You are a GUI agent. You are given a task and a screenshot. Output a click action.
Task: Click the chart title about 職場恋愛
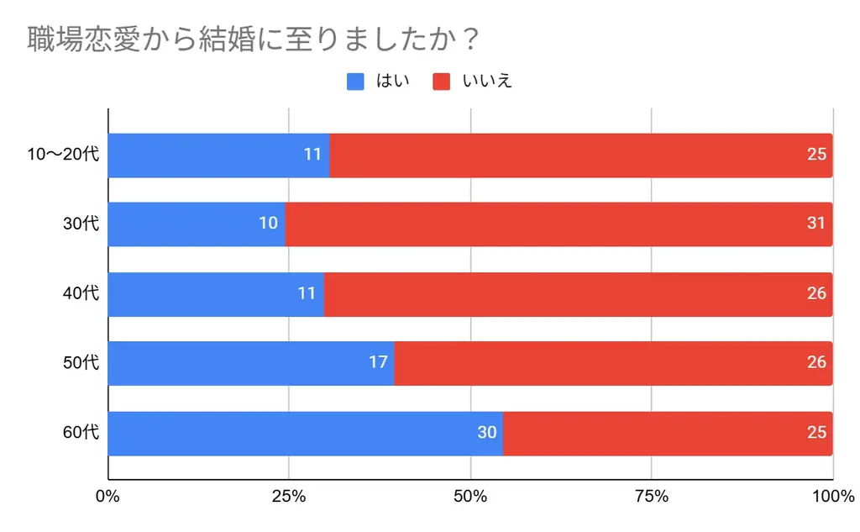pos(253,40)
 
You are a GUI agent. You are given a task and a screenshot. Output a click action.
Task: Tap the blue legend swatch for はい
pos(355,82)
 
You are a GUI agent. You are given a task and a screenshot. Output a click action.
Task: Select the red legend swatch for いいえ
pos(443,82)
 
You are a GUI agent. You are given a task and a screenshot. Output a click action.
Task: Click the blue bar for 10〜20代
pos(218,155)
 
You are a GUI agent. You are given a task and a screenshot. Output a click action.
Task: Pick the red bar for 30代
pos(558,224)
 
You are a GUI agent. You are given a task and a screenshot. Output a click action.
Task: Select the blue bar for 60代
pos(305,434)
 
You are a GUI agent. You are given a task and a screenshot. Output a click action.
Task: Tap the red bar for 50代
pos(613,363)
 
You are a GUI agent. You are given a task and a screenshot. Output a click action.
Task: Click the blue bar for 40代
pos(216,294)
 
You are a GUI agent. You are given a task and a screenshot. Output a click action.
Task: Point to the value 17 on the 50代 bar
pos(378,363)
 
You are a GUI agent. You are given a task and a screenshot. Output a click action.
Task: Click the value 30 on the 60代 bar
pos(487,434)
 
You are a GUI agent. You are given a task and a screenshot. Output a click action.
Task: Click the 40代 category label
pos(81,294)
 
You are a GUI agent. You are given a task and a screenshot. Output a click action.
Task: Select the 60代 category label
pos(81,434)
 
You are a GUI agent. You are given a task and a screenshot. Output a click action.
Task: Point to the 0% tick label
pos(107,496)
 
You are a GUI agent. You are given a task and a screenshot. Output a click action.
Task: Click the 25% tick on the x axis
pos(289,496)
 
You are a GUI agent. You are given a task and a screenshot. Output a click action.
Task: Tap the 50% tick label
pos(470,496)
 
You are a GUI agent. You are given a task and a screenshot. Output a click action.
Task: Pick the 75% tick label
pos(652,496)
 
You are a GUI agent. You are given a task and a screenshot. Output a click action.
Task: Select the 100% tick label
pos(832,496)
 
